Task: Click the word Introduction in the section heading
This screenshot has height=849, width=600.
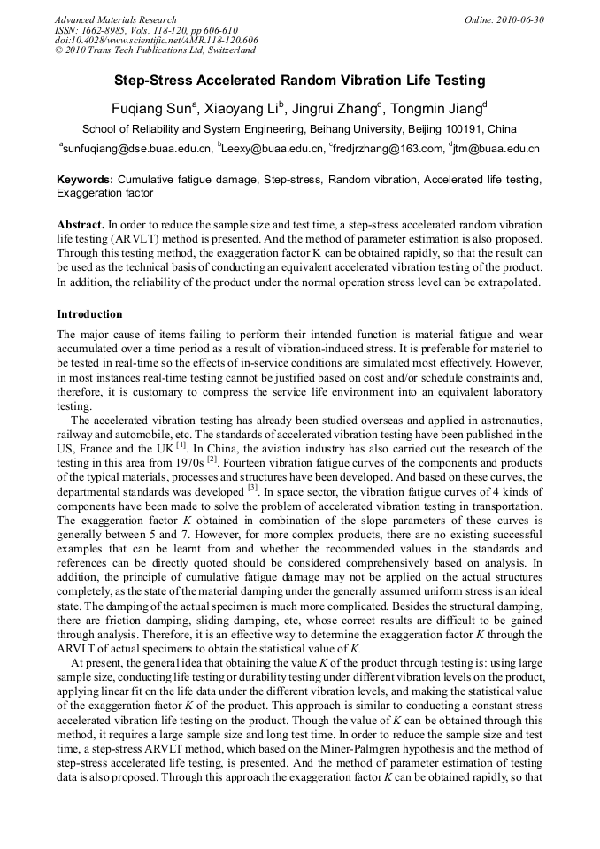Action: (x=89, y=313)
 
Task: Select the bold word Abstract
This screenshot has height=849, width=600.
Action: (x=81, y=225)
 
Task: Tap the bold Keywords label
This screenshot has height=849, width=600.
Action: (x=85, y=180)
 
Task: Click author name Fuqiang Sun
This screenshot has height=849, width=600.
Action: (x=150, y=108)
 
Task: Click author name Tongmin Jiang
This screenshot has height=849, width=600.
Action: (x=438, y=108)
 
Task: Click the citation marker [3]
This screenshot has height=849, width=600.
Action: (x=252, y=486)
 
